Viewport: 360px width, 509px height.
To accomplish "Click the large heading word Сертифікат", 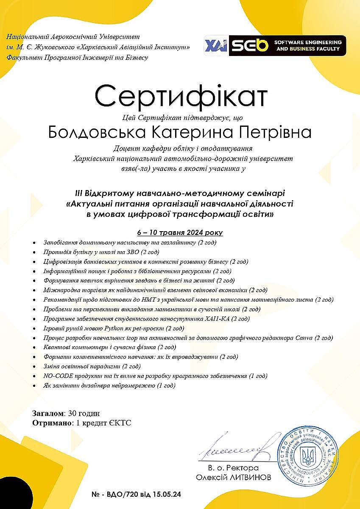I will pos(181,97).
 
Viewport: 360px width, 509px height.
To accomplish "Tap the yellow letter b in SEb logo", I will pos(263,45).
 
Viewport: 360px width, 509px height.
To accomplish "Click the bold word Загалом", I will pos(48,413).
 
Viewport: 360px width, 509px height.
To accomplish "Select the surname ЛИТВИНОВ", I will pos(252,477).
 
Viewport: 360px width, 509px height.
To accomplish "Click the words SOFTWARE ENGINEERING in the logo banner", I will pos(308,42).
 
